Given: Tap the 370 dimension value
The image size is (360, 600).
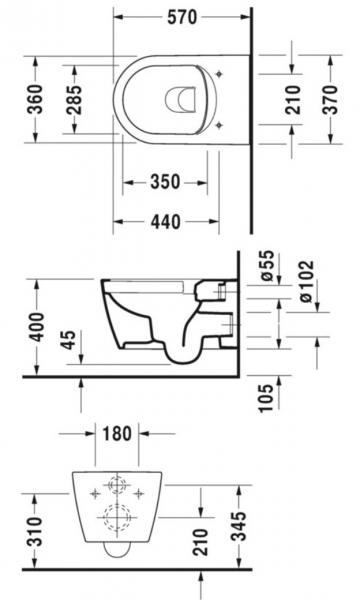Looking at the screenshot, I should tap(334, 100).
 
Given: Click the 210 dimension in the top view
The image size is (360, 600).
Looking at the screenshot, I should tap(291, 100).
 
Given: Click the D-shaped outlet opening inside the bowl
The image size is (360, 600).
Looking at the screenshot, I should tap(177, 100).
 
